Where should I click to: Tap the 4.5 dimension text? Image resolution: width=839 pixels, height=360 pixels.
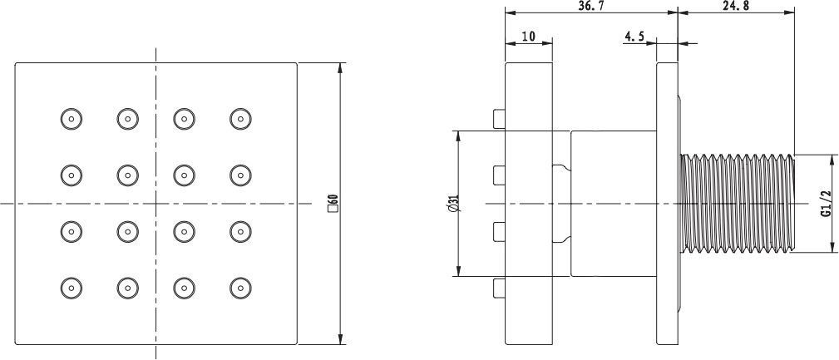tap(634, 37)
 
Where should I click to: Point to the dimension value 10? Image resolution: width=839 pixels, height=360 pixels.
tap(528, 37)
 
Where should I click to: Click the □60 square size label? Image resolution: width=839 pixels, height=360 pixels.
tap(332, 203)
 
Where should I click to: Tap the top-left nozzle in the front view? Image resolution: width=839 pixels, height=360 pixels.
tap(72, 118)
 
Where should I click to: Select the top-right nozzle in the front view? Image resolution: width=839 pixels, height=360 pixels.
tap(240, 118)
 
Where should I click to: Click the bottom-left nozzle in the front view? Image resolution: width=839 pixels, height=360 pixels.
tap(72, 287)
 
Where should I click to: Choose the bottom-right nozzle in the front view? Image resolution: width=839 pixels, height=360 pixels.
tap(240, 287)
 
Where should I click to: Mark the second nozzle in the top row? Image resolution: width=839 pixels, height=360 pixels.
tap(127, 118)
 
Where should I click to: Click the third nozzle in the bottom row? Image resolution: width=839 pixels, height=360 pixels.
tap(184, 287)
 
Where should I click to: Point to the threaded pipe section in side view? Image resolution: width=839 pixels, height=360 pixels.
tap(736, 203)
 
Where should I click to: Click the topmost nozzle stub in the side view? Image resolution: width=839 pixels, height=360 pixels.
tap(499, 118)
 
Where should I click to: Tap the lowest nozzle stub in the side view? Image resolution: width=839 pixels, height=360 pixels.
tap(499, 288)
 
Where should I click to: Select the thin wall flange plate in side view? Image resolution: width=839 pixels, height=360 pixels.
tap(667, 203)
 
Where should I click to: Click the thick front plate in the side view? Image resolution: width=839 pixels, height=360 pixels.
tap(529, 203)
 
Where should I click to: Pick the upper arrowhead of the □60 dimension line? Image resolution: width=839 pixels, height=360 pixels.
tap(340, 68)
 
